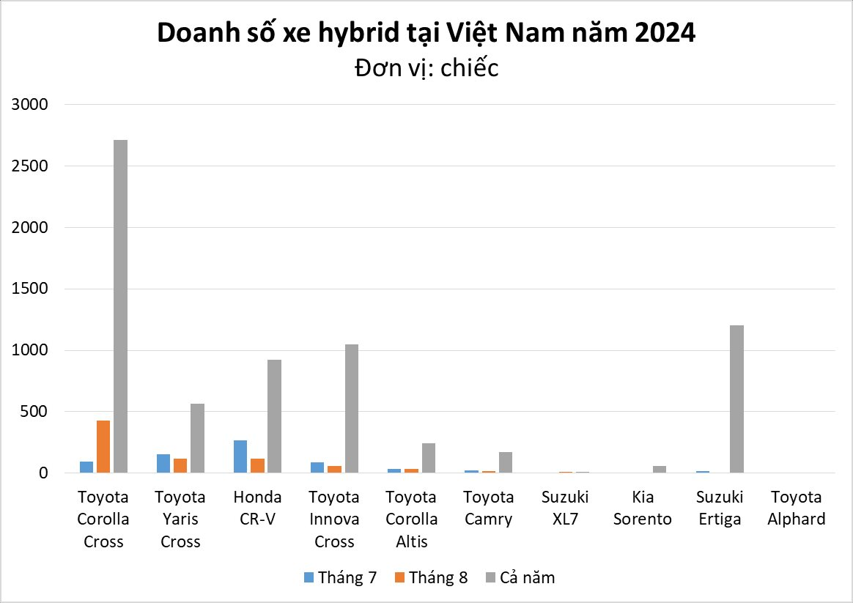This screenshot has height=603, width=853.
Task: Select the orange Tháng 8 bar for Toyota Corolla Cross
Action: pos(103,447)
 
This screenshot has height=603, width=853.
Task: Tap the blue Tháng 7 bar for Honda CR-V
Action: pos(240,456)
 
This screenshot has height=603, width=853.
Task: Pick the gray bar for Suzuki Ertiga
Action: pos(736,399)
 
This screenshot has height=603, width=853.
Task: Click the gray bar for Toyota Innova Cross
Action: pos(351,409)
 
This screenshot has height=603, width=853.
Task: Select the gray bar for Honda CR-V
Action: pos(274,416)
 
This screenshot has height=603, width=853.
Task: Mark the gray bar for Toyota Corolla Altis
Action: pos(428,458)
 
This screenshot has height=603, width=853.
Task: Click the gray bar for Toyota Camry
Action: pos(506,462)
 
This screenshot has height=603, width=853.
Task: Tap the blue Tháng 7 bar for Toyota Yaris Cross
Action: pos(163,464)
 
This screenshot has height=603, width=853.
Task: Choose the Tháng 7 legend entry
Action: pos(341,577)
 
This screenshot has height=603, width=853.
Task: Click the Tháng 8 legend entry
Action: pos(431,577)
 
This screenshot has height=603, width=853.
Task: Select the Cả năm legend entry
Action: pos(520,577)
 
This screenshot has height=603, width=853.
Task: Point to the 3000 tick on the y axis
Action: pos(29,105)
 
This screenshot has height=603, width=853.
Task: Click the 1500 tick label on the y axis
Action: pos(29,289)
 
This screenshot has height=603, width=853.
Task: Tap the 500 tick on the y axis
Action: pos(34,412)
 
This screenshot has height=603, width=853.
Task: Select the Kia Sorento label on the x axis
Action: pos(642,508)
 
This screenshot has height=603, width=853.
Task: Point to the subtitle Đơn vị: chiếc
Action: pos(426,68)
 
